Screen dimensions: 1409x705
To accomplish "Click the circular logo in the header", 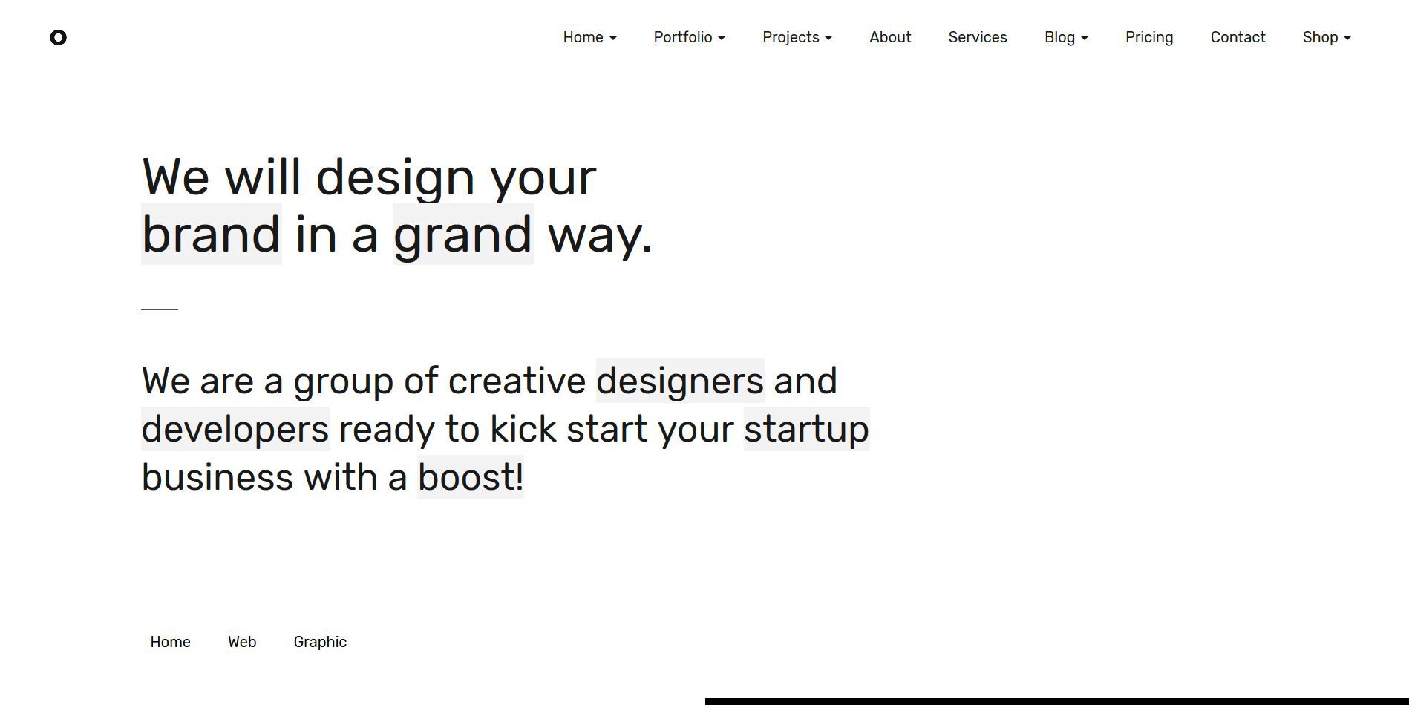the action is [x=58, y=37].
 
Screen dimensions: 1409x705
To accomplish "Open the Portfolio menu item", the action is [x=689, y=37].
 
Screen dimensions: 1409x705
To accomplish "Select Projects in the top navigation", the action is [x=797, y=37].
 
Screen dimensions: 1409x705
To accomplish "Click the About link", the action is [x=890, y=37].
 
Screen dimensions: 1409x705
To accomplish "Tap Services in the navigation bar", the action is [x=978, y=37].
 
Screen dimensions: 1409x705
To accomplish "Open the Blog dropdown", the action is [x=1066, y=37].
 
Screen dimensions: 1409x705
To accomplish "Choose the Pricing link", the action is [x=1149, y=37].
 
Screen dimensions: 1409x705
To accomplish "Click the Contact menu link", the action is [x=1238, y=37].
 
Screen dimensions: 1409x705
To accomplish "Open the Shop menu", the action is [x=1327, y=37].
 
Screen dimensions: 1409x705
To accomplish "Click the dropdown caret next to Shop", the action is [x=1347, y=39].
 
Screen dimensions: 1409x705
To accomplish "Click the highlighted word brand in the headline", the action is [x=212, y=235].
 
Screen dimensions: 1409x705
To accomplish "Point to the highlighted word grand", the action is [x=463, y=235].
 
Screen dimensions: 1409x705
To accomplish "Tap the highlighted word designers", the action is [x=680, y=381].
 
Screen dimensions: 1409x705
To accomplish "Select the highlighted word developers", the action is [x=235, y=429].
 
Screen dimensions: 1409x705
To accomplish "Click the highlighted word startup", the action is [x=807, y=429].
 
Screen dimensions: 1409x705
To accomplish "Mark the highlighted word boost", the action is [x=471, y=477].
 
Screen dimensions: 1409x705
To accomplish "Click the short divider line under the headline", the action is [x=160, y=309].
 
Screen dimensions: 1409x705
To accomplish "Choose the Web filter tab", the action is [x=242, y=642].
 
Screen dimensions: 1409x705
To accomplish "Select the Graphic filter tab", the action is [x=320, y=642].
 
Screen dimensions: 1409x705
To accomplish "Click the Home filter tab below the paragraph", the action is [x=170, y=642].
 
